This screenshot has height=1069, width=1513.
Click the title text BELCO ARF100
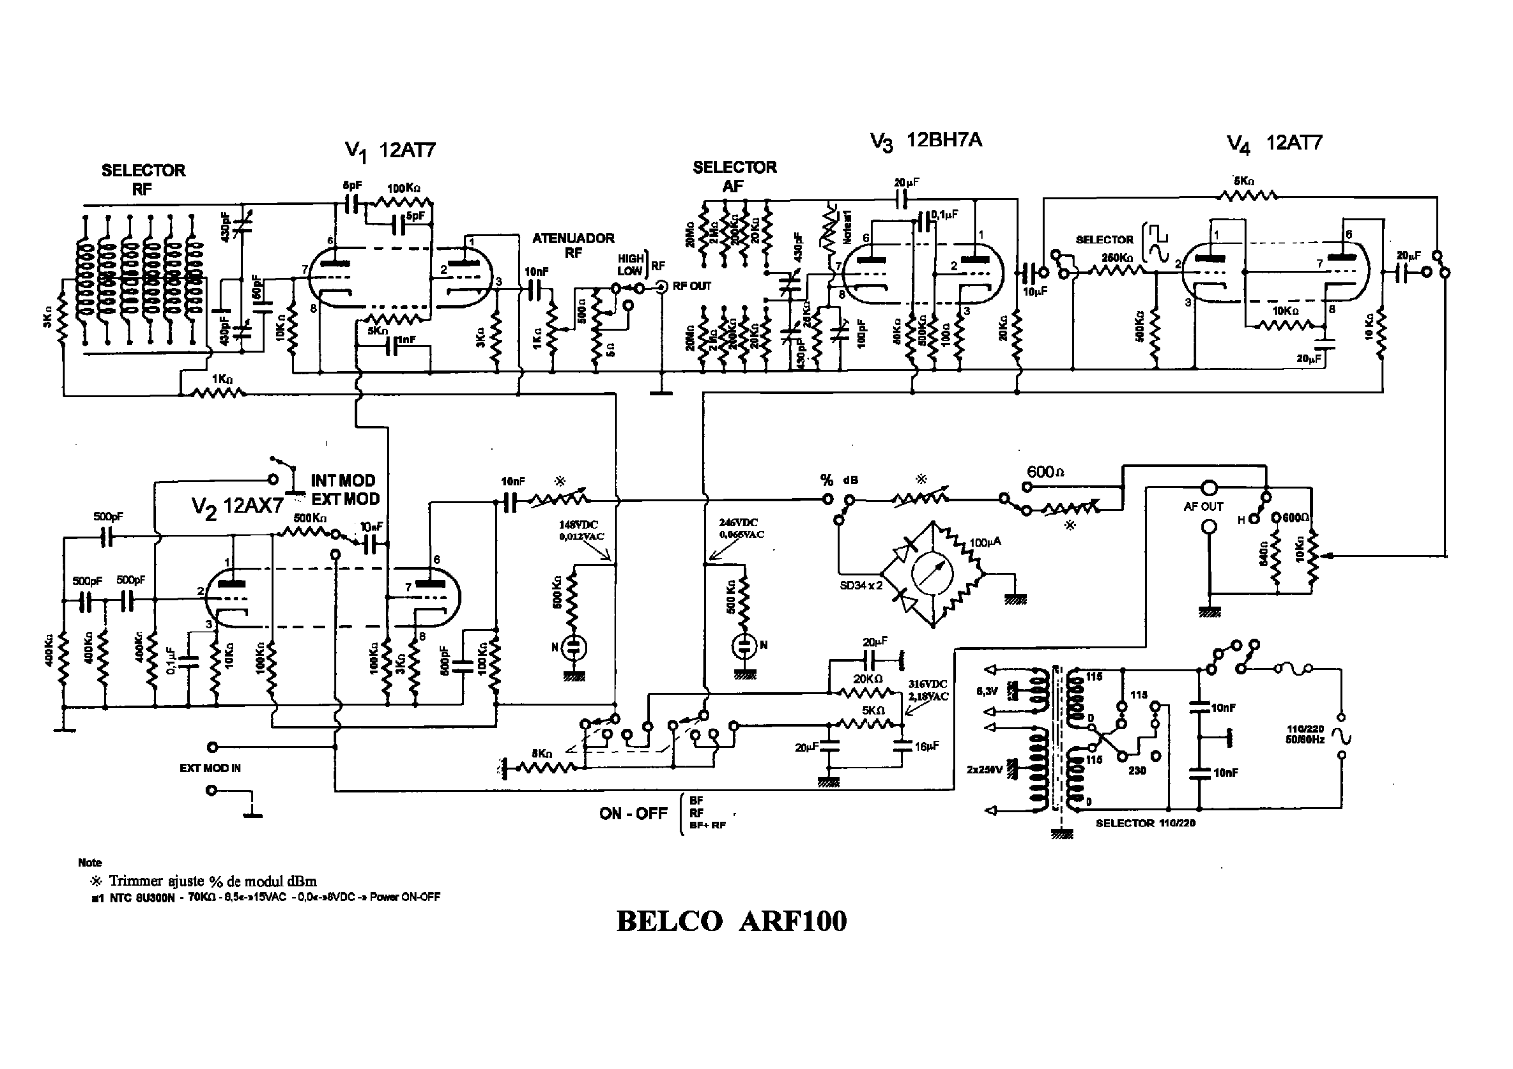pos(731,922)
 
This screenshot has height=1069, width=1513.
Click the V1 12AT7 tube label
pos(391,150)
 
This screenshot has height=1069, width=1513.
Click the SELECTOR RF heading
pos(142,179)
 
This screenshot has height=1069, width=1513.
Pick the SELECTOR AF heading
pos(734,176)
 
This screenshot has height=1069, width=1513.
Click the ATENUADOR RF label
pos(574,244)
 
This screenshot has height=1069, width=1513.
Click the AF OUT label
pos(1204,506)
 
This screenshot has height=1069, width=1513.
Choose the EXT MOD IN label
pos(210,767)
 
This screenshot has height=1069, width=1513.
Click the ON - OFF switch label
pos(633,813)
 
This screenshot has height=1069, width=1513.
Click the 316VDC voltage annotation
pos(927,683)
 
